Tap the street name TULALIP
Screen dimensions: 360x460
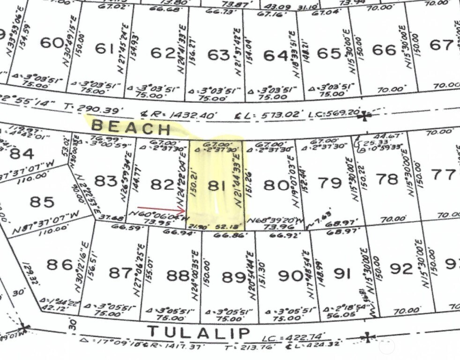(x=199, y=332)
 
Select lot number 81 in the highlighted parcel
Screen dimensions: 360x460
(x=214, y=186)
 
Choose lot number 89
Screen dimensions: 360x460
(x=233, y=277)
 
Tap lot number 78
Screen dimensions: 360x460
(x=387, y=180)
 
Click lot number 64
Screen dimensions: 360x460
(x=275, y=55)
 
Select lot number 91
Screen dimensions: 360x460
(x=342, y=273)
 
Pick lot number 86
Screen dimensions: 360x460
(x=60, y=264)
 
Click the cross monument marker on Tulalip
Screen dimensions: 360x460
(x=369, y=337)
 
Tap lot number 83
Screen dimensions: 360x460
(x=105, y=180)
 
